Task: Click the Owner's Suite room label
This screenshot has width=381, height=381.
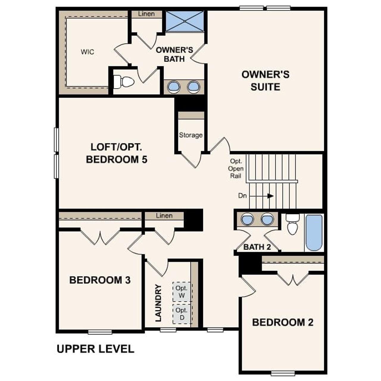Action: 265,81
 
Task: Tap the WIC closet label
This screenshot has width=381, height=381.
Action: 87,52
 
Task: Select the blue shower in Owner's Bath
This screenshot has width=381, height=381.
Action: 185,21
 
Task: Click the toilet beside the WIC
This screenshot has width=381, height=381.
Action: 124,82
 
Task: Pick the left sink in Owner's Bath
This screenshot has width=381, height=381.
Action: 174,87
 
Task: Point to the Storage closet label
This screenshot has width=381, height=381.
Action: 191,135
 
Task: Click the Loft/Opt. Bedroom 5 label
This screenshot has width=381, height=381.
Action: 116,153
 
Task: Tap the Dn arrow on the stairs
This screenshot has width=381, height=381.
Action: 270,196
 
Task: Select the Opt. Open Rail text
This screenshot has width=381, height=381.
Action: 236,168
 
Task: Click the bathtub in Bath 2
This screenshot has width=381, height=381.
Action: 314,233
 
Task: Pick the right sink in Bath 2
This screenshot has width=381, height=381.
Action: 267,219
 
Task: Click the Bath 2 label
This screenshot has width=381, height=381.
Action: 257,247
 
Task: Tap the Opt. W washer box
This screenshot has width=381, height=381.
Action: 182,292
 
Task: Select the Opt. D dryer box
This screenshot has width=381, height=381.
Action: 182,314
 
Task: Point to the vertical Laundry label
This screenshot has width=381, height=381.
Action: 158,303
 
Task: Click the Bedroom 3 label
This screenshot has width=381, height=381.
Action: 100,280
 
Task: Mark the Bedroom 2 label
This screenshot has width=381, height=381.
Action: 282,322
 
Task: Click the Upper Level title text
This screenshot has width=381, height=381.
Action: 95,349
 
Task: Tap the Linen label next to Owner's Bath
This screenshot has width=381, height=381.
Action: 146,14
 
